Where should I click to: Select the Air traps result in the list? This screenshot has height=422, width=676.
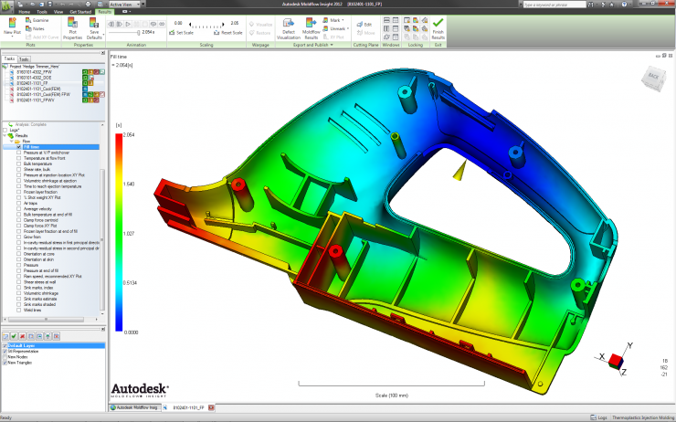pos(31,203)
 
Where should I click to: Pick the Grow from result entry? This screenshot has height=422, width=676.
pos(32,237)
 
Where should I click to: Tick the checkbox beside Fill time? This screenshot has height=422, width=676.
pos(18,146)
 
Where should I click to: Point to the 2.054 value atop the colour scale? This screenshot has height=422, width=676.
pos(129,134)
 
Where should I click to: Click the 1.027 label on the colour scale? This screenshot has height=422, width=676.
pos(129,233)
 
